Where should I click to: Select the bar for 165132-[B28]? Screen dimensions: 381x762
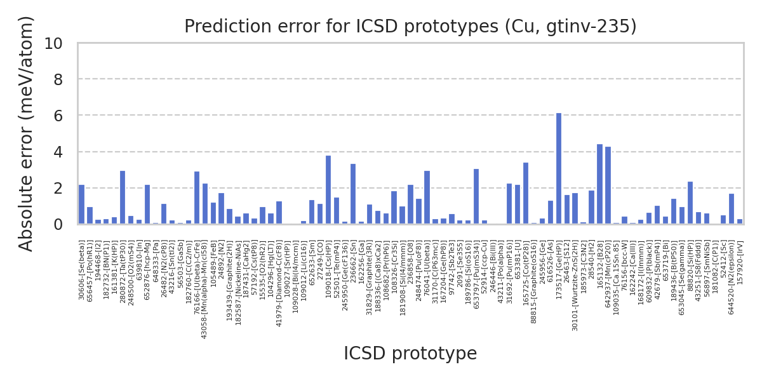click(x=599, y=184)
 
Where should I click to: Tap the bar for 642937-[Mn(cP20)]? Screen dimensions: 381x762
click(x=608, y=185)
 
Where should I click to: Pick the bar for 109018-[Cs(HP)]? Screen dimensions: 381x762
click(x=328, y=190)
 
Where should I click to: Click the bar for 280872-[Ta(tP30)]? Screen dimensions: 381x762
click(x=123, y=197)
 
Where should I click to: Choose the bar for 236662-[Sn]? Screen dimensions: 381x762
click(x=353, y=194)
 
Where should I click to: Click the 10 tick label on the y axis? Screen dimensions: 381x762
click(x=62, y=44)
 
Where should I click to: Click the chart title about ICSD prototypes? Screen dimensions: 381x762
click(x=410, y=27)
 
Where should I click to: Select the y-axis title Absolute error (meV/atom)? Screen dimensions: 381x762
click(x=27, y=133)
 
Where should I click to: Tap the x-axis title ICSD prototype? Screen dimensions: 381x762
click(x=410, y=354)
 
